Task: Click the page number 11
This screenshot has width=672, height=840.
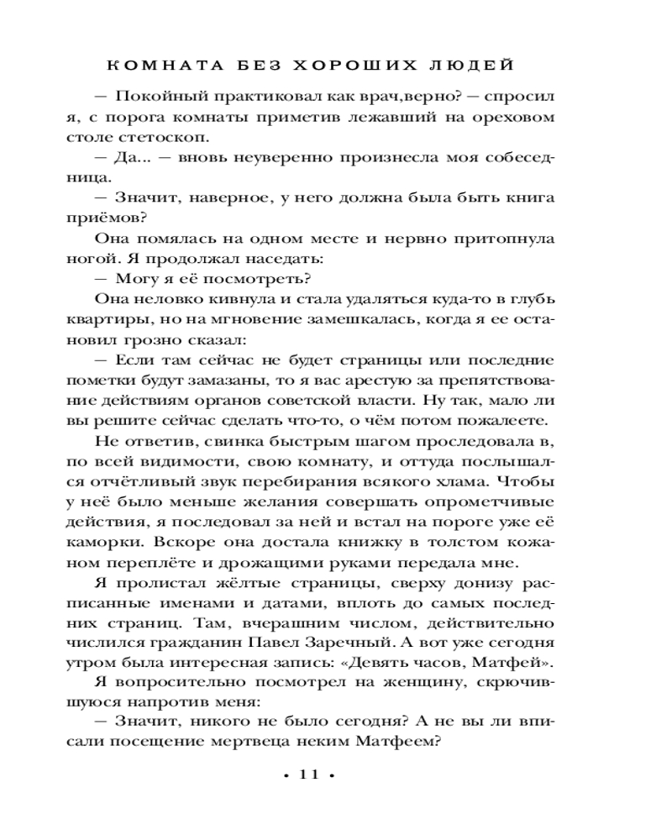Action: pos(307,776)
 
